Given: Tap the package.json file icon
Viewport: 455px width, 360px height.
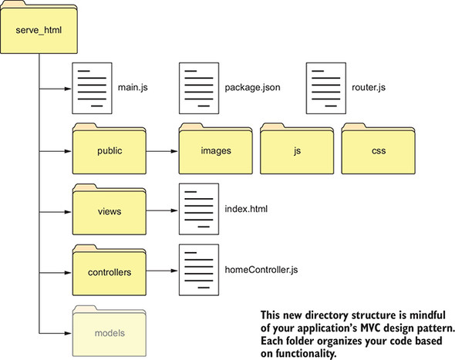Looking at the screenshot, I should (x=197, y=87).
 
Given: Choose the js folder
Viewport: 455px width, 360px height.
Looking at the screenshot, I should (x=296, y=150).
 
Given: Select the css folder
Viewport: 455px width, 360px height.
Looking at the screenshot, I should (x=378, y=150).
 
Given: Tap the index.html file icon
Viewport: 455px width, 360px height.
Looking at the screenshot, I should (x=197, y=209).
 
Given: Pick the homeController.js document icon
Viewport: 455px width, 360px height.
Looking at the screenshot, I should (x=197, y=270).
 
